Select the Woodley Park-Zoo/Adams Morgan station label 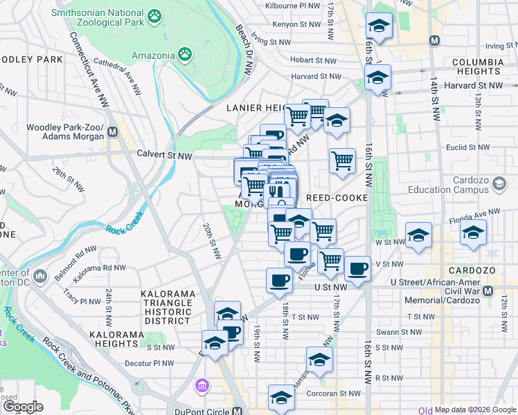click(x=65, y=133)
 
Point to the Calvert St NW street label click(x=164, y=155)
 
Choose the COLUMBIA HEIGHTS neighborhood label click(x=477, y=66)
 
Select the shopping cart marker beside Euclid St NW click(x=342, y=160)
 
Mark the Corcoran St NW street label click(x=333, y=394)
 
